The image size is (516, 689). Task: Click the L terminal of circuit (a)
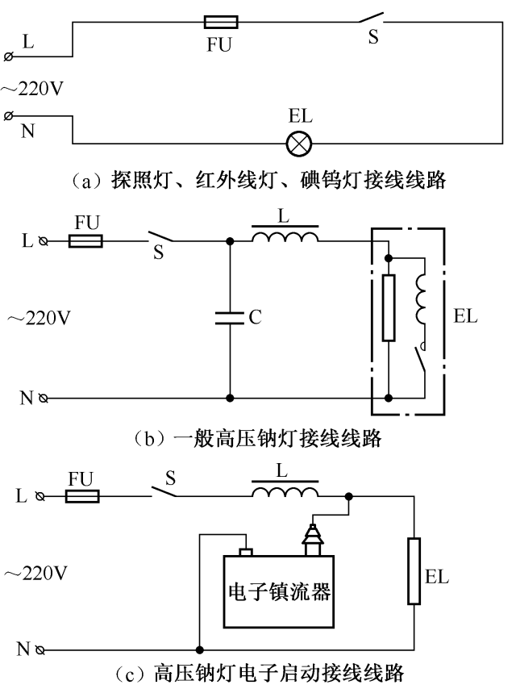(9, 56)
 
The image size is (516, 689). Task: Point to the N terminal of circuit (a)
(9, 117)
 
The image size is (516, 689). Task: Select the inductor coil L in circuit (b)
(285, 236)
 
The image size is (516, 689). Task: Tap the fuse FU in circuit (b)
(85, 240)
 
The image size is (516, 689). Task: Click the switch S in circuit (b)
(160, 237)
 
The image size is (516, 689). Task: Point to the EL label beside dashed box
(465, 316)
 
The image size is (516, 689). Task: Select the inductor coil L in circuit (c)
(285, 492)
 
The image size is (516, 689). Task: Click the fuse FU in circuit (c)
(82, 496)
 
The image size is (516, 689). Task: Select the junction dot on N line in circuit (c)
(198, 649)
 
